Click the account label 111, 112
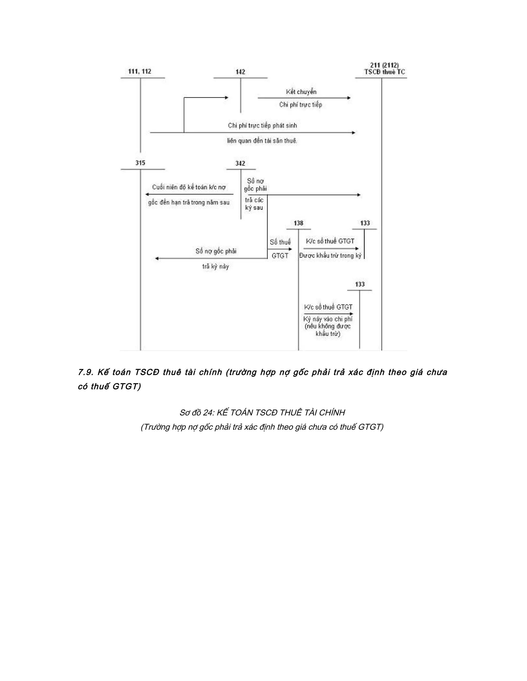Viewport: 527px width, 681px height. pos(139,71)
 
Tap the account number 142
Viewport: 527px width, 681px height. pos(240,72)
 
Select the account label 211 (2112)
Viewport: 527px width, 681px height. pos(384,66)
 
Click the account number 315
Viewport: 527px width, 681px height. pos(140,163)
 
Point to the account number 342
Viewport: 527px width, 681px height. pos(240,163)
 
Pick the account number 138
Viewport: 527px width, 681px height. pos(298,223)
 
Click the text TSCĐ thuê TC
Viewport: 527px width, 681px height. pos(385,72)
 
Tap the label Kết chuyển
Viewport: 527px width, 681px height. pos(301,92)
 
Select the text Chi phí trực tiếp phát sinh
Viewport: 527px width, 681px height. pos(262,126)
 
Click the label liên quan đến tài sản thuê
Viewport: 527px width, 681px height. pos(262,141)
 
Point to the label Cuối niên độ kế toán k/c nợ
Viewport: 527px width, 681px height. pos(189,187)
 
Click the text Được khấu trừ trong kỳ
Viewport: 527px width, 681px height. pos(330,256)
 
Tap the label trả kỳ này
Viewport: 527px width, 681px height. pos(215,266)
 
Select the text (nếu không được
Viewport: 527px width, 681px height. pos(328,326)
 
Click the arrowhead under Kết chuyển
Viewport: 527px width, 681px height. pos(349,98)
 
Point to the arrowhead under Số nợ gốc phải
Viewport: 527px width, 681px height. pos(157,259)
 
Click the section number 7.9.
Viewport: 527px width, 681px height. pos(85,372)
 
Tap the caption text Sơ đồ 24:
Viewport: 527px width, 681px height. pos(196,412)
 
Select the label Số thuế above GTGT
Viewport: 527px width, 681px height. pos(280,242)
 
